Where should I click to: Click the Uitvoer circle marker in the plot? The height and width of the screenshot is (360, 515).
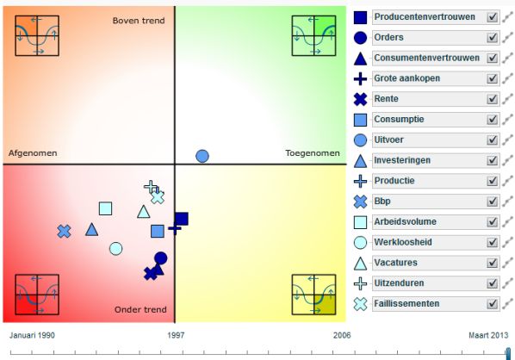click(202, 156)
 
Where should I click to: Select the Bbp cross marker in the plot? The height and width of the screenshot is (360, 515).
click(64, 232)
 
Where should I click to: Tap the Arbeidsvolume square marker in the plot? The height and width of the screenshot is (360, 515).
click(105, 208)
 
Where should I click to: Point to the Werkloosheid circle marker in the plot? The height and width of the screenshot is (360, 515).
click(116, 249)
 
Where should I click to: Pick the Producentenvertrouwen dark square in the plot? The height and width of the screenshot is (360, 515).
click(182, 219)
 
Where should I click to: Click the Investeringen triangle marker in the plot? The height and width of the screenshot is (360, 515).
click(91, 229)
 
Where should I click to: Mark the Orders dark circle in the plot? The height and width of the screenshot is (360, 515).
click(160, 258)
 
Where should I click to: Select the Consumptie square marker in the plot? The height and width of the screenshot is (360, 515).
click(158, 231)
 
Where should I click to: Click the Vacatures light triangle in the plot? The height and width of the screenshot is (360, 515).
click(144, 212)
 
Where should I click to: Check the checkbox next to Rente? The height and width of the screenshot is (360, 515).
click(492, 99)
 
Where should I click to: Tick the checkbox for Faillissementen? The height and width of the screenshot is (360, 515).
click(492, 303)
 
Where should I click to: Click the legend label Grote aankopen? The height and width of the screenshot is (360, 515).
click(407, 78)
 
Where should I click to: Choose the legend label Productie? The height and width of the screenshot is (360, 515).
click(394, 181)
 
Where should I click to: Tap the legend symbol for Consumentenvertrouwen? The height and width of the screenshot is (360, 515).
click(360, 59)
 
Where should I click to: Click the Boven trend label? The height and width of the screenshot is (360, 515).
click(139, 21)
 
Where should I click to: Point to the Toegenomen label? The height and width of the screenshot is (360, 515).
click(313, 153)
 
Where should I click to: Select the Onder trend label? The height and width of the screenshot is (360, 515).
click(140, 309)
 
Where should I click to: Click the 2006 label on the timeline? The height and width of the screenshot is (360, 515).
click(342, 335)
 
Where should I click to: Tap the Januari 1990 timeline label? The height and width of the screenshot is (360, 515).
click(32, 335)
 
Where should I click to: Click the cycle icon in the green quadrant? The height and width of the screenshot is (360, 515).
click(313, 35)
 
